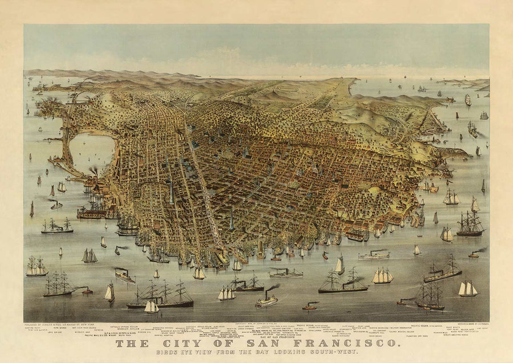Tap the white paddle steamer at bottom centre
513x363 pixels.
coord(266,301)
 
